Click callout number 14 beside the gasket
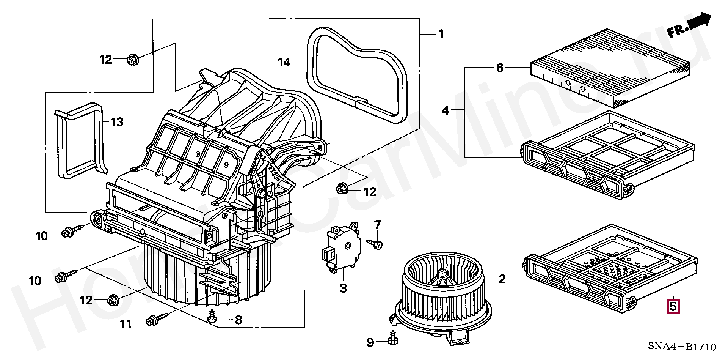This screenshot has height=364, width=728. point(284,62)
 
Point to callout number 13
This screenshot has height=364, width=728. point(117,122)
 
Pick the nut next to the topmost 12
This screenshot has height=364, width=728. point(132,60)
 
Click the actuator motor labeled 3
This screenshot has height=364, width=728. point(342,248)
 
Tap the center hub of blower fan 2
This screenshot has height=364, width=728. point(442,272)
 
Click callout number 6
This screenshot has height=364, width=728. point(500,68)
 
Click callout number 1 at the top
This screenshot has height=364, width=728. point(441,34)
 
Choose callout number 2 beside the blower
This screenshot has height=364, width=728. point(502,280)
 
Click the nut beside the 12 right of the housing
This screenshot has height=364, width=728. point(342,188)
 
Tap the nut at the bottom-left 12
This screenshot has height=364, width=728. point(112,299)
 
